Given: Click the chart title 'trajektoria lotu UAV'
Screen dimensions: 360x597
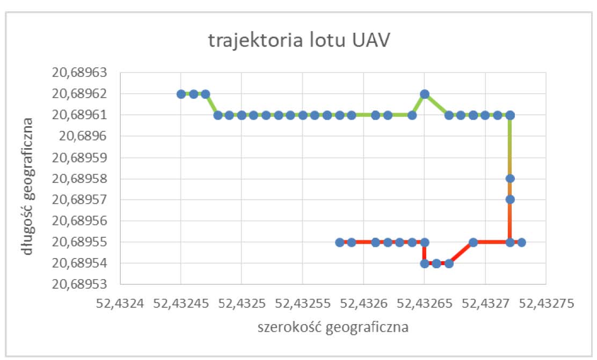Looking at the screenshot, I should pyautogui.click(x=298, y=42).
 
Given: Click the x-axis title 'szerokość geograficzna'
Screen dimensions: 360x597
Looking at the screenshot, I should pyautogui.click(x=333, y=326).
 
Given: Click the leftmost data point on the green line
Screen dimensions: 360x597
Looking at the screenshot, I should pyautogui.click(x=181, y=94).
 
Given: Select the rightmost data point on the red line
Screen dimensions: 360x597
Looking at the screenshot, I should pyautogui.click(x=521, y=242).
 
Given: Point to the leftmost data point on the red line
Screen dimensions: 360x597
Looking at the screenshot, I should pyautogui.click(x=339, y=242).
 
